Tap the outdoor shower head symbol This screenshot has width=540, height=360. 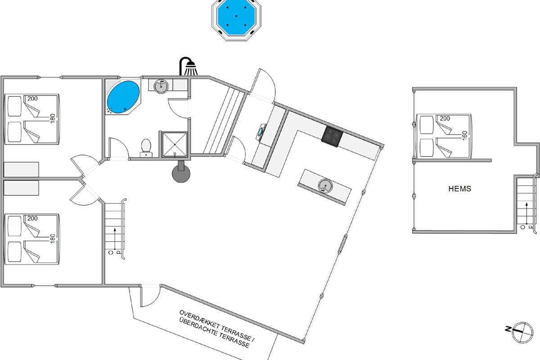click(x=188, y=66)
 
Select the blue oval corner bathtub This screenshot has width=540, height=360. click(x=123, y=97)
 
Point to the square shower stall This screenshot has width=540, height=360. click(x=175, y=144)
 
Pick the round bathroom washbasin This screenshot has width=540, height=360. click(x=161, y=86)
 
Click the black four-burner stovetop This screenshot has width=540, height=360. click(x=332, y=137)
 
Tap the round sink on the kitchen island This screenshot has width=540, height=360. click(x=325, y=186)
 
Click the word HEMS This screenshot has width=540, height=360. click(x=459, y=189)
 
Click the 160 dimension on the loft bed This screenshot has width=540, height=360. click(x=465, y=135)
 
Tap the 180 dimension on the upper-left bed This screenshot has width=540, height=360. click(x=52, y=118)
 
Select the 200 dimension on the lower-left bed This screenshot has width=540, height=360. click(x=32, y=218)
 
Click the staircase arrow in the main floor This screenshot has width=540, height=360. click(x=115, y=238)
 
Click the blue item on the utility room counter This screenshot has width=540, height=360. click(x=261, y=132)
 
